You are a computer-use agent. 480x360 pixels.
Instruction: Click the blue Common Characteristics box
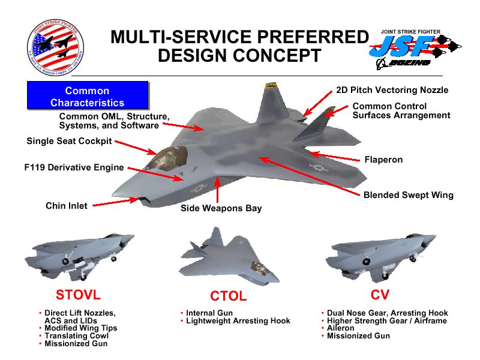coord(88,97)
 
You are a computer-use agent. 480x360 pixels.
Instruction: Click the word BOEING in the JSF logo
coord(408,62)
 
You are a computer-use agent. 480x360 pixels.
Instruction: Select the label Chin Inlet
coord(67,206)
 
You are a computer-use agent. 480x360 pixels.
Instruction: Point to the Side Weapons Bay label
coord(221,208)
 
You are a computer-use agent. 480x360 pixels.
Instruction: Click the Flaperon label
coord(383,160)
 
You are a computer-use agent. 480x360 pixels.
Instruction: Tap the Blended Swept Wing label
coord(408,195)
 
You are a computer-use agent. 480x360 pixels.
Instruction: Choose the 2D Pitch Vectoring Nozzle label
coord(392,90)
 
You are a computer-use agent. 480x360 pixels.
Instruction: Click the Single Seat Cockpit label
coord(69,142)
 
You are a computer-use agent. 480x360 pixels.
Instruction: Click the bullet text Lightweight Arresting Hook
coord(238,321)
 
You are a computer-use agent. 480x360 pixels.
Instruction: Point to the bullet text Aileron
coord(341,328)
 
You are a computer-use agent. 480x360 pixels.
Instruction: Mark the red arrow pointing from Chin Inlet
coord(115,203)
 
